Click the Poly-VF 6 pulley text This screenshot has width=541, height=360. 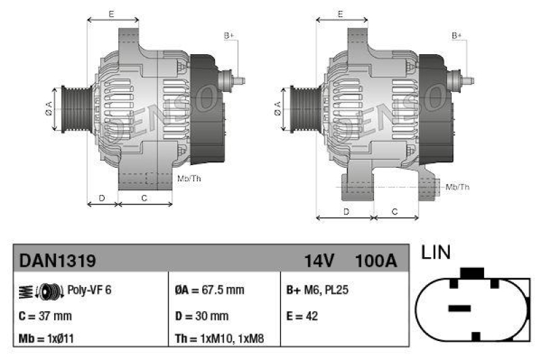click(x=89, y=290)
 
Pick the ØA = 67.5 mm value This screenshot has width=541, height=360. click(x=209, y=290)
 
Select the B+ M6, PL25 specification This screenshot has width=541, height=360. click(x=317, y=290)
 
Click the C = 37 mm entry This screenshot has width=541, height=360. click(x=45, y=315)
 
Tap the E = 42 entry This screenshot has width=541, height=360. click(x=302, y=315)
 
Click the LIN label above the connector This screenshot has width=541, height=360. click(x=436, y=253)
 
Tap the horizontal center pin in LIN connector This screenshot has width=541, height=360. click(x=459, y=308)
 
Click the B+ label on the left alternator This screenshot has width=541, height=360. click(x=229, y=35)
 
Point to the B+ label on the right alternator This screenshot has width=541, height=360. click(x=457, y=35)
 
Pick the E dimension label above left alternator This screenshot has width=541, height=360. click(x=111, y=14)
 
